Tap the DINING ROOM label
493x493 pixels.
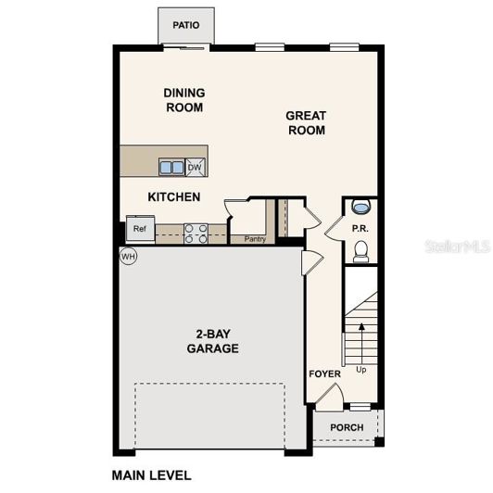point(183,100)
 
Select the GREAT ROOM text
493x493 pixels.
point(305,123)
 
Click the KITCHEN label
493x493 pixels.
point(174,197)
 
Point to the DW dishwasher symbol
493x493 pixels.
point(195,168)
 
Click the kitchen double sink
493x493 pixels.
point(171,168)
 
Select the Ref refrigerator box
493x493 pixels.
point(140,229)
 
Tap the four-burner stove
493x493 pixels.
point(196,233)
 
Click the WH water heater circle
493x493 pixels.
point(128,257)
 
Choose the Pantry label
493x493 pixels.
point(255,239)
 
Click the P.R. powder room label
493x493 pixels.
point(360,228)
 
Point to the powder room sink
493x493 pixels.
point(360,207)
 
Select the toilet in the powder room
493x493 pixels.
point(361,250)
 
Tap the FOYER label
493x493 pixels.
point(324,374)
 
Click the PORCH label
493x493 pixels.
point(346,428)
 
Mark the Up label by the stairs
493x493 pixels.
point(360,370)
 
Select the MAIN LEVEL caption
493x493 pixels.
point(152,475)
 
